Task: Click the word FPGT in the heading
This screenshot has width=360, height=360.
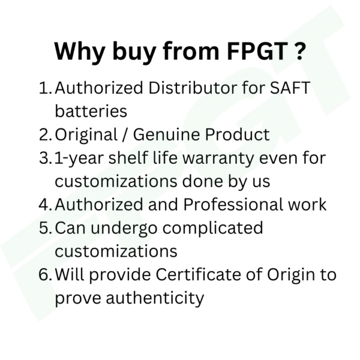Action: coord(257,51)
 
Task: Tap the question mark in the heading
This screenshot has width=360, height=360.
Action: coord(299,51)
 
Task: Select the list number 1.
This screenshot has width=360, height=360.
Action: coord(45,88)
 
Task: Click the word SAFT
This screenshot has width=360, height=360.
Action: coord(290,88)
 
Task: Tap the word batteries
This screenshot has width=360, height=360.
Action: coord(91,111)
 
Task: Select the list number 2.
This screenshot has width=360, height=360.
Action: coord(45,134)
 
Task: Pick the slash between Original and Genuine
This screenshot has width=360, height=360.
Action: coord(125,135)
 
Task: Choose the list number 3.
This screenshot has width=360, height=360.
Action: coord(45,158)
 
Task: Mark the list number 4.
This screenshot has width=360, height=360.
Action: coord(45,205)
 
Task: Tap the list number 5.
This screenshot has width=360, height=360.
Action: coord(45,228)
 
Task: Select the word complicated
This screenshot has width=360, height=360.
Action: coord(213,229)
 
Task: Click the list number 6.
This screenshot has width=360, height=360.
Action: coord(45,274)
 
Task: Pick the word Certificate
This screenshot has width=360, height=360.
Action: coord(199,274)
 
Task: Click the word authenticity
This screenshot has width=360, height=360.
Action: coord(155,298)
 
